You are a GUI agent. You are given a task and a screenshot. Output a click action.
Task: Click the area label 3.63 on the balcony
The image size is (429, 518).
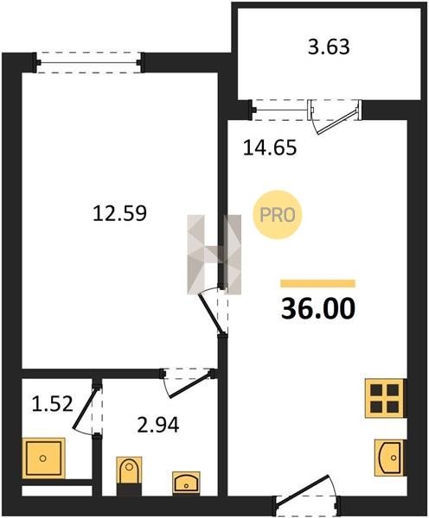point(329,47)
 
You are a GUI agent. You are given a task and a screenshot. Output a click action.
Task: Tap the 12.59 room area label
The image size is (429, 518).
point(119,213)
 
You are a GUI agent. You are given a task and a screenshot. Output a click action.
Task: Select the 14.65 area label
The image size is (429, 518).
point(270,148)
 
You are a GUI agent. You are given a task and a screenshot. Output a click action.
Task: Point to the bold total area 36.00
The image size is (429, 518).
point(318,308)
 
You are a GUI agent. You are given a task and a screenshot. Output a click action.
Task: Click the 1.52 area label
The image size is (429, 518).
point(52,404)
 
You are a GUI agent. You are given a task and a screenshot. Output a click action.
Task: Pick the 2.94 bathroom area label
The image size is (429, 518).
point(158,425)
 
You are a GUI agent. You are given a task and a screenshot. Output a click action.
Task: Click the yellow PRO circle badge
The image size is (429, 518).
point(278,215)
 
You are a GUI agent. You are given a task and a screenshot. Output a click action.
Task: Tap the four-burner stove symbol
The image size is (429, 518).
point(385,398)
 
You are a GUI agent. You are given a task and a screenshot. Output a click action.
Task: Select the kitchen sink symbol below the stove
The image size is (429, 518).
point(389,458)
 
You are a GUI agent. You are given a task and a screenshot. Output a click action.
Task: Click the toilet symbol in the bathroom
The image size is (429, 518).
point(130,477)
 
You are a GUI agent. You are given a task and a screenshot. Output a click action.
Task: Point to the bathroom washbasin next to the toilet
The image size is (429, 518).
point(186,483)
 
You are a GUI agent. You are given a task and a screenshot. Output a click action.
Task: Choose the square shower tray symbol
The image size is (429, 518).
point(43,458)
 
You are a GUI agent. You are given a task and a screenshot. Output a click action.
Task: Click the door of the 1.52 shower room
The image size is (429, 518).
point(86,409)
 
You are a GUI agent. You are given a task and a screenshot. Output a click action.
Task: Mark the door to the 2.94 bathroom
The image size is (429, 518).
point(190,384)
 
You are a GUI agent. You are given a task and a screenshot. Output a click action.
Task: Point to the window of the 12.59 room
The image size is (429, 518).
point(90,62)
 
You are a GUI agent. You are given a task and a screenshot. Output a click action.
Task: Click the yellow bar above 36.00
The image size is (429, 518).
point(317,283)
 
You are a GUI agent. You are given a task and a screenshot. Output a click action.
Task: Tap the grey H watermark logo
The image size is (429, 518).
point(214,254)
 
